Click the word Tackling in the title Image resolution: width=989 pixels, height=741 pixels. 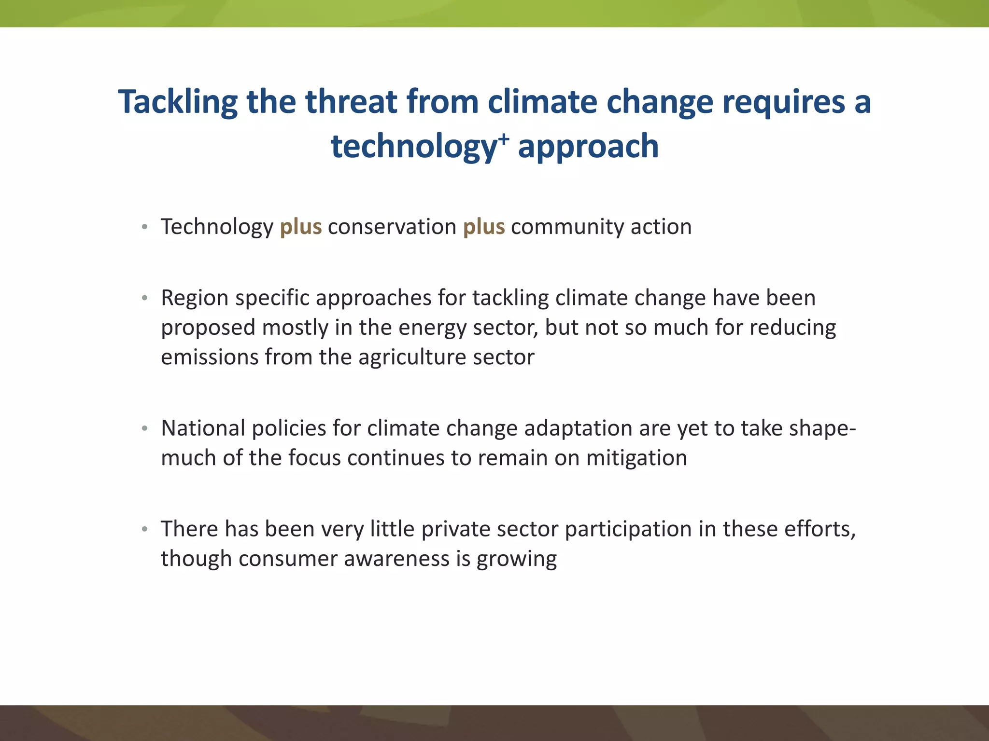[178, 102]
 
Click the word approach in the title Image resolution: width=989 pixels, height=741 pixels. [588, 146]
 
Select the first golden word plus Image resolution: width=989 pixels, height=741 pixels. [300, 227]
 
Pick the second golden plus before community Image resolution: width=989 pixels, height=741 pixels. [483, 227]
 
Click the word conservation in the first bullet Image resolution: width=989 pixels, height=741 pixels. [392, 227]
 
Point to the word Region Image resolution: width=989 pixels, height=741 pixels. [195, 298]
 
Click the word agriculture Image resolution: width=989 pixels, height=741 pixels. [413, 357]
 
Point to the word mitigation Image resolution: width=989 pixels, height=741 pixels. [636, 458]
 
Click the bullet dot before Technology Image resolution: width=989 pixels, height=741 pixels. [144, 227]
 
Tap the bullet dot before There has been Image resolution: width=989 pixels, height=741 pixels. [144, 529]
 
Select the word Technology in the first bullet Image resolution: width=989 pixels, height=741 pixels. [217, 227]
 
